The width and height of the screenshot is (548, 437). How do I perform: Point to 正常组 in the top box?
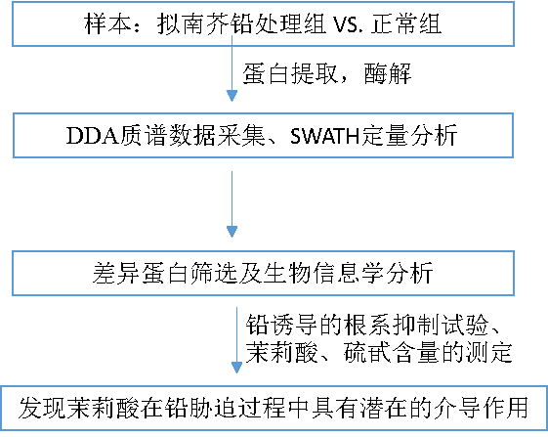406,23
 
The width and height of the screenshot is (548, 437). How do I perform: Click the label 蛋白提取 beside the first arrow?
290,73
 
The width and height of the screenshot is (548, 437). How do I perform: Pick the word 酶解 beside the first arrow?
388,73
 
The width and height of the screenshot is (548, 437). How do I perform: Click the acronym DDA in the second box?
93,136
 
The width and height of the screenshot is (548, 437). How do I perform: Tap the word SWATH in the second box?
325,136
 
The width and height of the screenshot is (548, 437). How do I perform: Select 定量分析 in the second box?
409,135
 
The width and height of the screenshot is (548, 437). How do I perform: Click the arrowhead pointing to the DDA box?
232,96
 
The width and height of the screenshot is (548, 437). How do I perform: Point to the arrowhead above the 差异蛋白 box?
232,232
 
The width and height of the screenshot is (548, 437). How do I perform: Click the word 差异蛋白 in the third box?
141,273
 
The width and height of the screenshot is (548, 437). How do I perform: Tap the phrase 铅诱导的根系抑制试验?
367,325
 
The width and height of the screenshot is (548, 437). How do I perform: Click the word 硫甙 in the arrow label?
367,352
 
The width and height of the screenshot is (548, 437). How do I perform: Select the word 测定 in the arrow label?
489,352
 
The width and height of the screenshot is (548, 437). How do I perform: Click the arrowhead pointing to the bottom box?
237,368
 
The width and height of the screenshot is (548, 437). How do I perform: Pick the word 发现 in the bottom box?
42,408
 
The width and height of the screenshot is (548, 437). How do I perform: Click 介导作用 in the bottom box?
481,408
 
